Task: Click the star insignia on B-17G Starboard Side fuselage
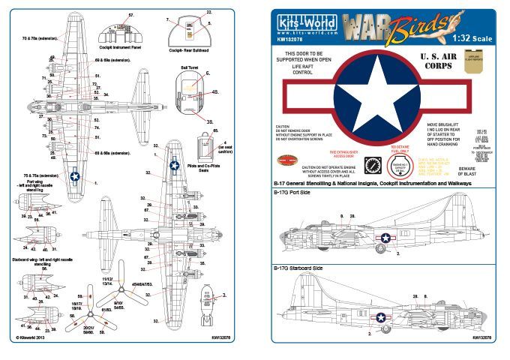tap(382, 318)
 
